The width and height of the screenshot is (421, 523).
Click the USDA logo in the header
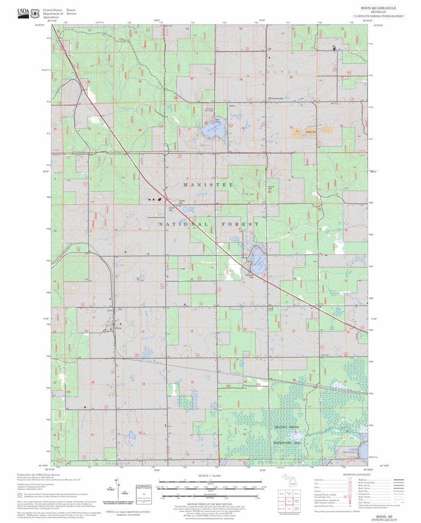coord(23,12)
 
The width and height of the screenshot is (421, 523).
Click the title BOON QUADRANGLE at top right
coord(378,8)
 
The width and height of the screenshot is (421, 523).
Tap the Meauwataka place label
coord(276,99)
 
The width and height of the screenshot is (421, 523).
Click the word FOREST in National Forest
coord(240,224)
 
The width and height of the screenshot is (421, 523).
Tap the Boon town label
coord(118,328)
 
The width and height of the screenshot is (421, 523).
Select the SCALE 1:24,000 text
coord(210,475)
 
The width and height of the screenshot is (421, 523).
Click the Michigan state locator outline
coord(293,481)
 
